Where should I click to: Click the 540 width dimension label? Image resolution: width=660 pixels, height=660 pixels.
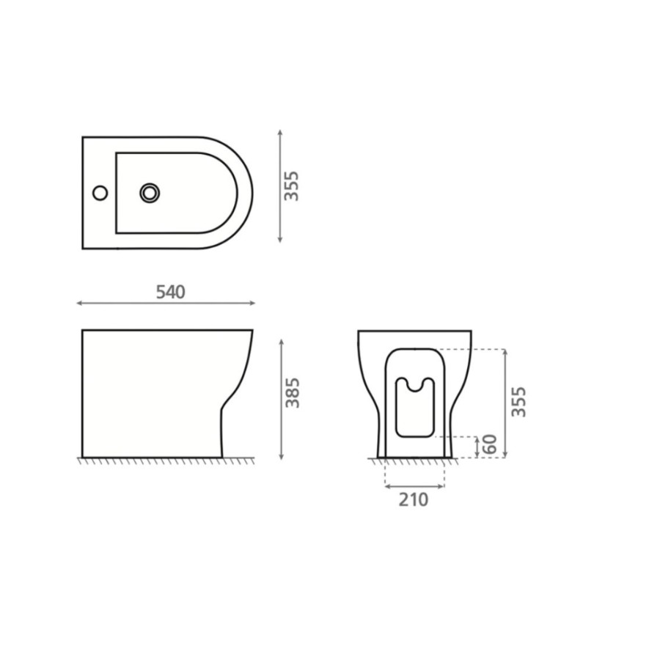(x=170, y=292)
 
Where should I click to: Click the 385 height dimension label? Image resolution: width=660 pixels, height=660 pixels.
(x=293, y=393)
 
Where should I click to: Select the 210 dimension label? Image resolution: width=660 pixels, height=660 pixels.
(x=414, y=499)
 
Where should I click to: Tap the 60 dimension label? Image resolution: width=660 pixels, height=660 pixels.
(x=490, y=444)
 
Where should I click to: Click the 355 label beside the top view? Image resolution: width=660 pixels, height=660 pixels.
(x=291, y=186)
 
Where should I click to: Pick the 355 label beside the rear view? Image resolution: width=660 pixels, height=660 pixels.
(x=518, y=402)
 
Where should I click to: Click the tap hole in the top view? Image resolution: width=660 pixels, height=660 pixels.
(x=100, y=193)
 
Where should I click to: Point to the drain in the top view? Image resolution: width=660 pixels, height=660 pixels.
(x=150, y=193)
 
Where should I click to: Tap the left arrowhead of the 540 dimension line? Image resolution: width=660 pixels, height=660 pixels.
(x=79, y=303)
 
